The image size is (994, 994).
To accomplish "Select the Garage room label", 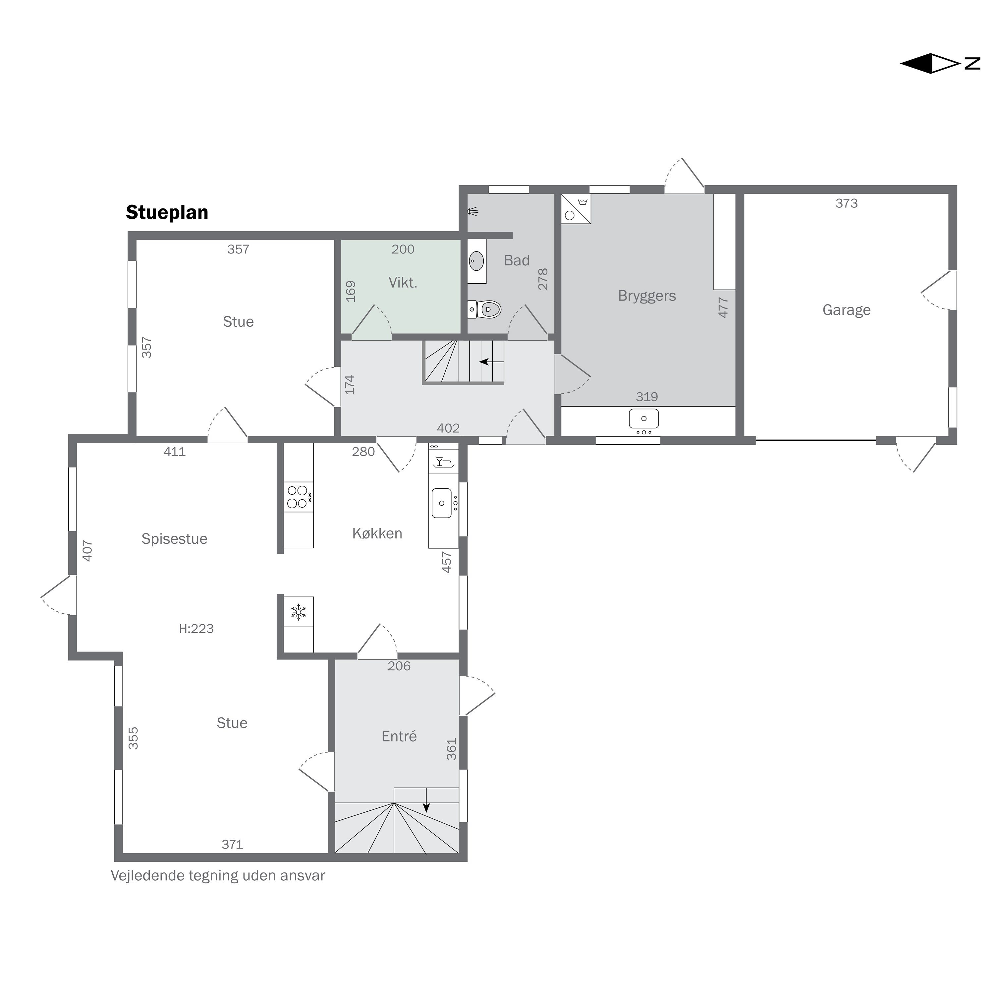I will [x=846, y=310].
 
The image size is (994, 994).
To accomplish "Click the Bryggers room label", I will [x=647, y=296].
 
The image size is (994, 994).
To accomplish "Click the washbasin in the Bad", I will [x=476, y=261].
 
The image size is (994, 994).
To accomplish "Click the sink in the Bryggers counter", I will [x=644, y=419].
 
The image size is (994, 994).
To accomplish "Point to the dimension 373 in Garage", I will [x=846, y=203].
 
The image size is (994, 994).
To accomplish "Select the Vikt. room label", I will [x=402, y=282].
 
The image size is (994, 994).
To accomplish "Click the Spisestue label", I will [x=174, y=539].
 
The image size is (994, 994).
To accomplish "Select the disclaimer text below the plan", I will [x=218, y=876].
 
